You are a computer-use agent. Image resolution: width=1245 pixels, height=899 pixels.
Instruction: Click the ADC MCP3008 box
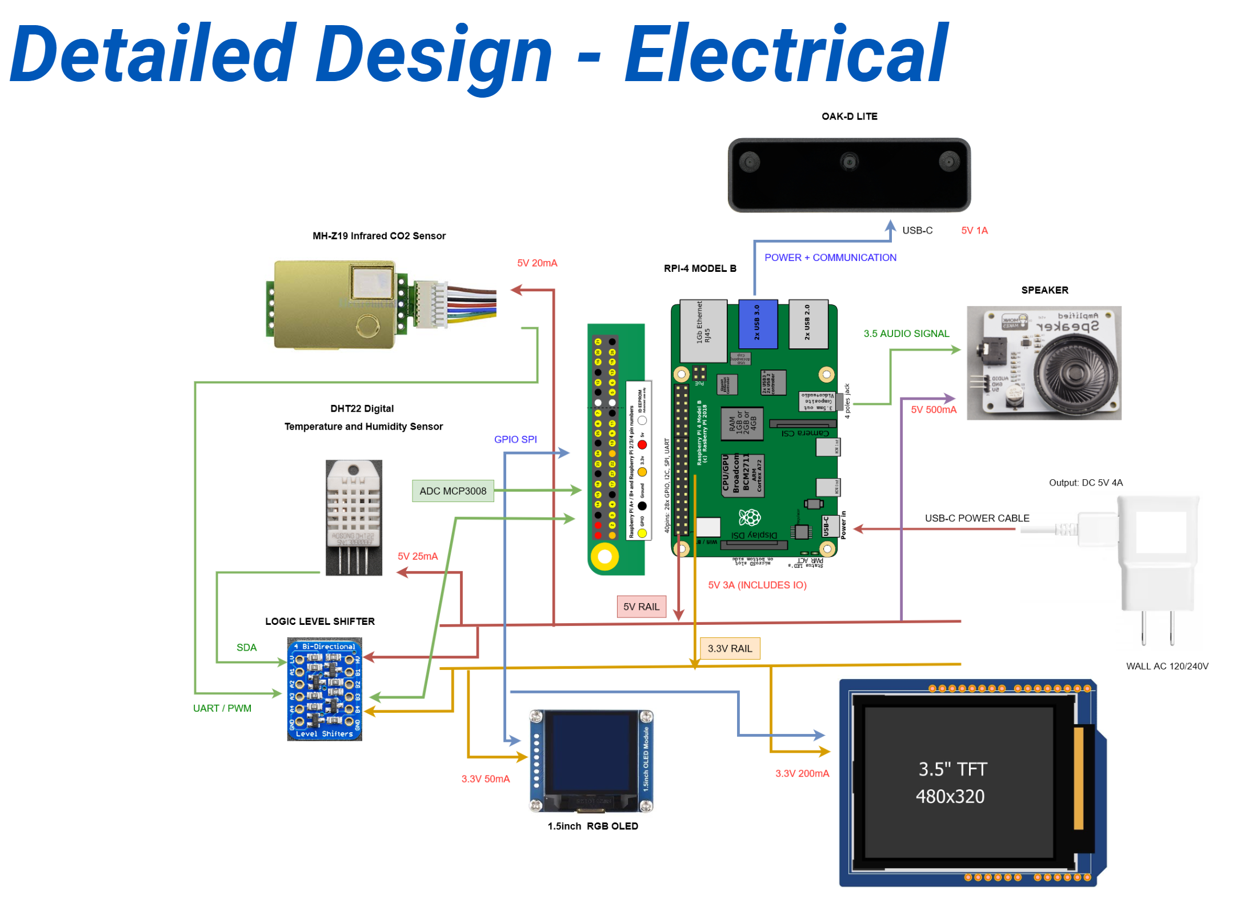tap(453, 491)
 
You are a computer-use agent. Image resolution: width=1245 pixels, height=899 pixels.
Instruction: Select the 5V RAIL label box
tap(640, 607)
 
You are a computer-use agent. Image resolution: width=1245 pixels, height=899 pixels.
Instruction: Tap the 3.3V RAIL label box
tap(729, 648)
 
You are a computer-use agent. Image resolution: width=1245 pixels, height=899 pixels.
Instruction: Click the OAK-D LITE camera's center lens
tap(849, 162)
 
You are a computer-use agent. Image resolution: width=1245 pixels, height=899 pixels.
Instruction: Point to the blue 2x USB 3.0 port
tap(757, 324)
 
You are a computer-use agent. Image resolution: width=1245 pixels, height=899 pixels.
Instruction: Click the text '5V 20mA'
tap(537, 263)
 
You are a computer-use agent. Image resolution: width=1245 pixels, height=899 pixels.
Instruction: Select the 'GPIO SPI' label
tap(515, 439)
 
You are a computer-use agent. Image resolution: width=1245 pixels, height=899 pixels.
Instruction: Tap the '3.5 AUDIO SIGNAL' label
tap(906, 334)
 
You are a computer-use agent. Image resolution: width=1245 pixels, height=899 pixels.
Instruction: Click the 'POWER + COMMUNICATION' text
tap(830, 258)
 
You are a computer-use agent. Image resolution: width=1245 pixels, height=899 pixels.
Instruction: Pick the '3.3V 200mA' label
tap(801, 773)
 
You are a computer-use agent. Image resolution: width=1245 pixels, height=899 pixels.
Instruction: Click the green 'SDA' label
tap(246, 647)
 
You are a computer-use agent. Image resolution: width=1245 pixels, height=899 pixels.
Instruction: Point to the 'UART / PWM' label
tap(222, 708)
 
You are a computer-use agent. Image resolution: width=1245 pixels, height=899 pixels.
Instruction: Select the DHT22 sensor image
tap(354, 517)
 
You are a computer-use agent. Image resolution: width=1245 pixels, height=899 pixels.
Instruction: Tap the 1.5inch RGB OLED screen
tap(591, 754)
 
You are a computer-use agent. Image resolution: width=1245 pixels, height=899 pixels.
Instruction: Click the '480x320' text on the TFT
tap(950, 796)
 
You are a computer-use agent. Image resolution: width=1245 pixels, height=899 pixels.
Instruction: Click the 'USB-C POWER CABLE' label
tap(976, 518)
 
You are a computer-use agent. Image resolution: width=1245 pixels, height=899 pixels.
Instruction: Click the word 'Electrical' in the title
tap(786, 54)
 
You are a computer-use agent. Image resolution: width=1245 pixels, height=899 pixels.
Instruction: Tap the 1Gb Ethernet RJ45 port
tap(702, 330)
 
